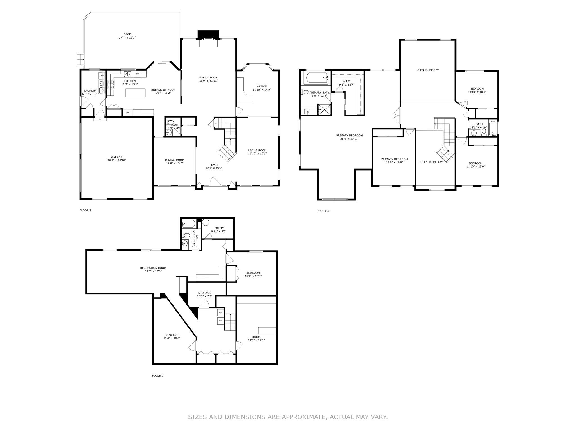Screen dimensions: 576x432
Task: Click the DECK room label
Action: pyautogui.click(x=127, y=35)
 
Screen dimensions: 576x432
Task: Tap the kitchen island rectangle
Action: pyautogui.click(x=136, y=93)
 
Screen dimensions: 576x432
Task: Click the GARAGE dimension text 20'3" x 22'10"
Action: pyautogui.click(x=117, y=160)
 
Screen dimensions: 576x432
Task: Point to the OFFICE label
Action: pyautogui.click(x=262, y=86)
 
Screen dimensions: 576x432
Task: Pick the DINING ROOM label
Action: pyautogui.click(x=175, y=160)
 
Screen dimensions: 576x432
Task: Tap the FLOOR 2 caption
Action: pyautogui.click(x=85, y=210)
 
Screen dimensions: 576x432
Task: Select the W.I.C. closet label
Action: pyautogui.click(x=346, y=81)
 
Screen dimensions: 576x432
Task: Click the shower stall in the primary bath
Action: pyautogui.click(x=324, y=109)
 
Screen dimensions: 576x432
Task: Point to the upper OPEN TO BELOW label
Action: pyautogui.click(x=427, y=70)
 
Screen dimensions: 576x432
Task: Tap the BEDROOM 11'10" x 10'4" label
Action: pyautogui.click(x=477, y=90)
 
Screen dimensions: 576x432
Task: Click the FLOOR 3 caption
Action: pyautogui.click(x=323, y=211)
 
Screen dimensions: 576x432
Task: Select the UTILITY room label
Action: pyautogui.click(x=219, y=228)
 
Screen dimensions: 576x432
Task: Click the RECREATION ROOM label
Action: pyautogui.click(x=153, y=268)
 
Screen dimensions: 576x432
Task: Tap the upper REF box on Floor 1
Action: pyautogui.click(x=220, y=312)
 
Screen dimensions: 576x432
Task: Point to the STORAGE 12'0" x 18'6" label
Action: pyautogui.click(x=172, y=337)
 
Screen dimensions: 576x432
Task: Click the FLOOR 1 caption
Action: pyautogui.click(x=158, y=375)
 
